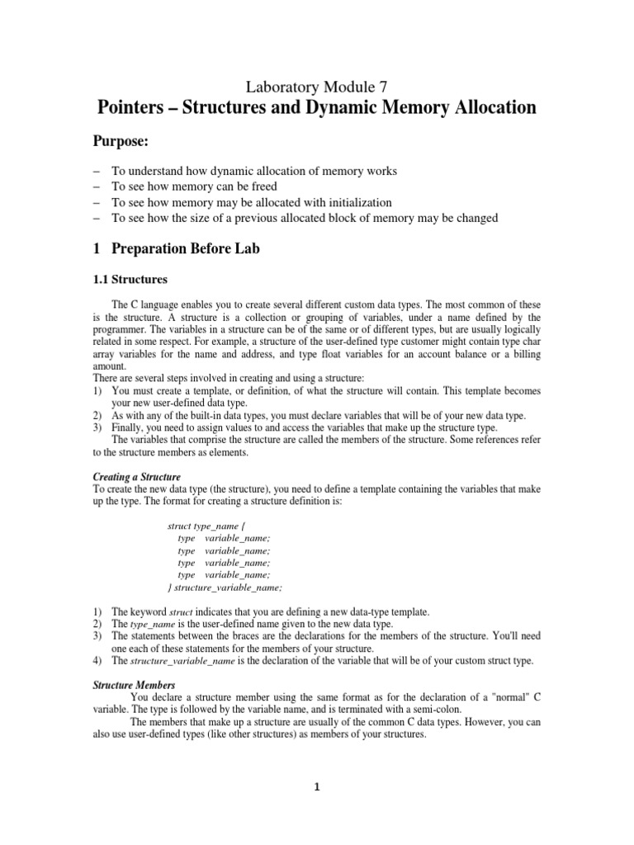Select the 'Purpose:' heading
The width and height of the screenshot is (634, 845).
[x=124, y=143]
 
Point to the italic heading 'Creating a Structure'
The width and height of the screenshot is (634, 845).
[x=136, y=477]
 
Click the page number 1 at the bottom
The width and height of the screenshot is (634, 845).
[x=317, y=786]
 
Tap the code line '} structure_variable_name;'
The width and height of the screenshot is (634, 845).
[x=225, y=588]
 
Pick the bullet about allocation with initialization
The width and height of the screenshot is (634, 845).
[x=239, y=202]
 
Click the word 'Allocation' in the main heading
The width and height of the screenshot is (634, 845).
[x=487, y=108]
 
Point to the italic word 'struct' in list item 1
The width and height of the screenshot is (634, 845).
[x=180, y=611]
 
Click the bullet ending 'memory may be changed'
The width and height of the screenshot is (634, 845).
[x=305, y=218]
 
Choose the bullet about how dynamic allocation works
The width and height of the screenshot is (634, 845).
[x=254, y=171]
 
